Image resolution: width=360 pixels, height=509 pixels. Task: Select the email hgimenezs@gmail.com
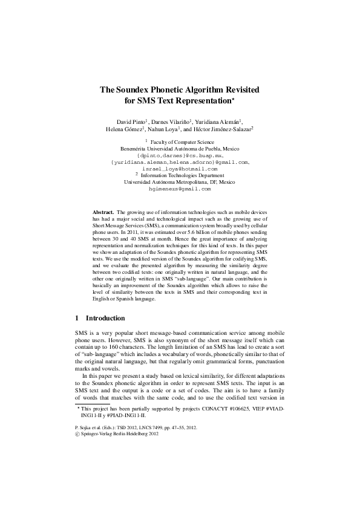(179, 189)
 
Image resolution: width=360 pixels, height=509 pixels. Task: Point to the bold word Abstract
(102, 213)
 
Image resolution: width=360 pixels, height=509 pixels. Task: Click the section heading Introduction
(105, 318)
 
